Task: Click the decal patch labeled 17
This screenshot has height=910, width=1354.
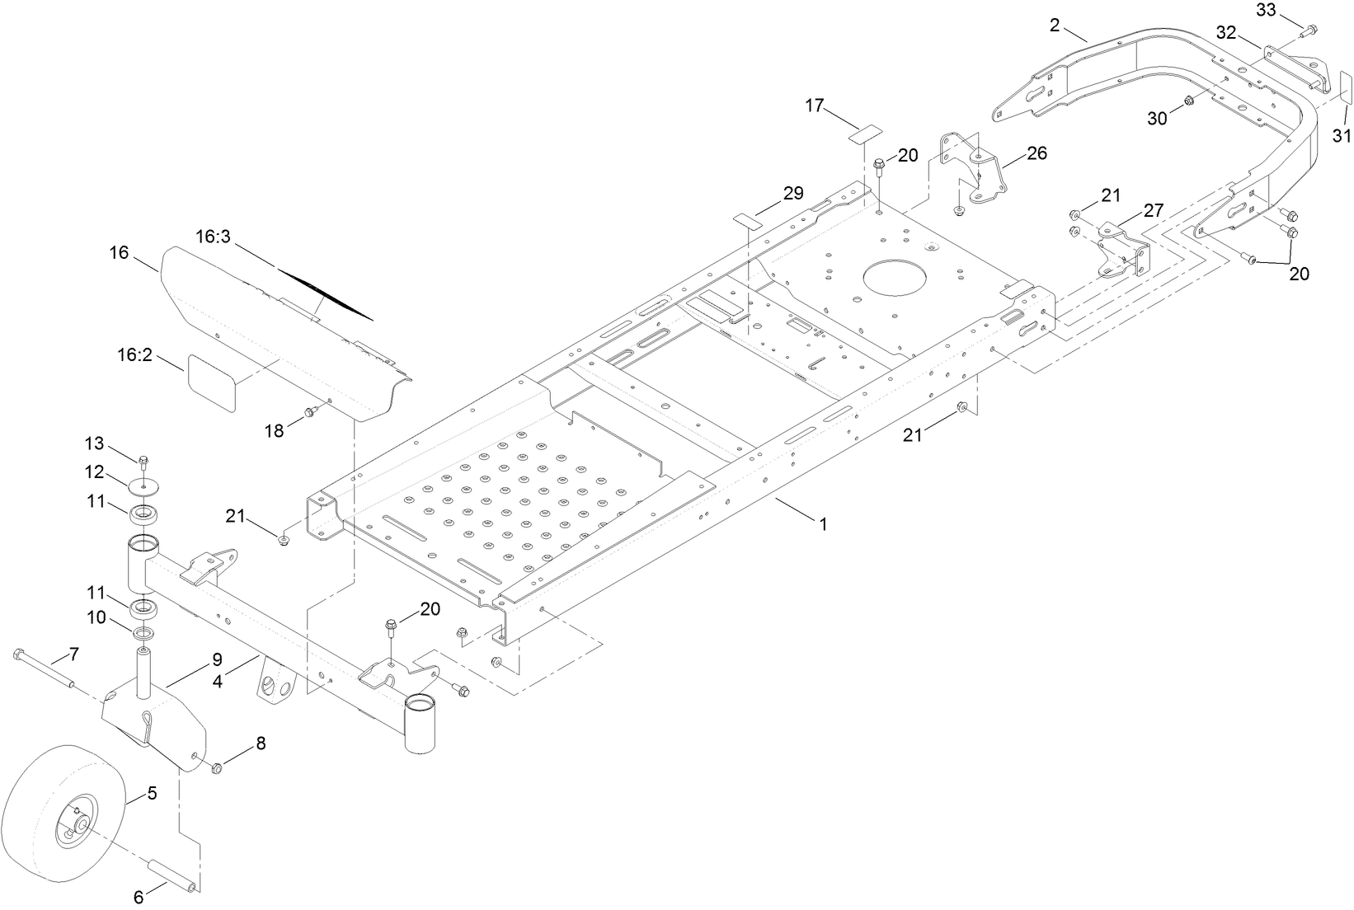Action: pos(864,131)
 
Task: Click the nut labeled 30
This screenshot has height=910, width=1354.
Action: pos(1190,101)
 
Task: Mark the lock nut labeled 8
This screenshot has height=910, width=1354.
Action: pos(218,768)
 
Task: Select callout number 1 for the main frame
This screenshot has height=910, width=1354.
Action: pos(821,523)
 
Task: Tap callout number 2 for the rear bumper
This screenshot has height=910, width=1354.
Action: pos(1055,25)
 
